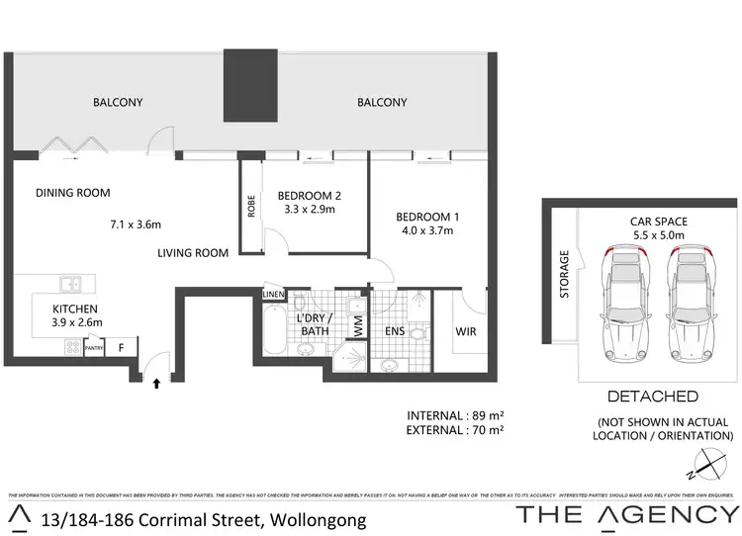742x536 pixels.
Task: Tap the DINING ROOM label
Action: pos(72,193)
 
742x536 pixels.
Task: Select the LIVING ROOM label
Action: pos(193,253)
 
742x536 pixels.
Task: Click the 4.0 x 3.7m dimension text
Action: pos(427,230)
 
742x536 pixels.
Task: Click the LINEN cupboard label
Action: pos(274,294)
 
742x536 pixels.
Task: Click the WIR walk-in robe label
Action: pos(465,330)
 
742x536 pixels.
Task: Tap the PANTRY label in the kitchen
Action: pos(95,347)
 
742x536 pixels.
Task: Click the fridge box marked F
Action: pos(121,346)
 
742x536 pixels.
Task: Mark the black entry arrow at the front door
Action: pos(154,385)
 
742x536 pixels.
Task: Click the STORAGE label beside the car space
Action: pos(565,274)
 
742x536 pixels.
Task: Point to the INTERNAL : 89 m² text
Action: pos(456,414)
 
